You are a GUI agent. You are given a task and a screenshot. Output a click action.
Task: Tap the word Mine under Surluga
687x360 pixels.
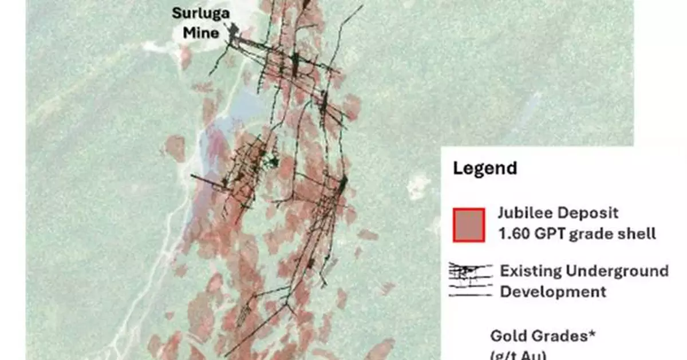tap(200, 33)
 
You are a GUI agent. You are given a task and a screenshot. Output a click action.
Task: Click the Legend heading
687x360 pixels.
tap(485, 168)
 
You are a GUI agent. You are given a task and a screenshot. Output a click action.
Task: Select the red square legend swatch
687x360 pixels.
tap(469, 225)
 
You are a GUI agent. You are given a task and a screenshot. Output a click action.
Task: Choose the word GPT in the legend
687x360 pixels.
tap(553, 234)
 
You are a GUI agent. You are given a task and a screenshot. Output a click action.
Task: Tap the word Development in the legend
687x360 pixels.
tap(553, 291)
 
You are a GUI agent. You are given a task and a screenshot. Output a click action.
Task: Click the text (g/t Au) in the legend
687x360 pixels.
tap(518, 355)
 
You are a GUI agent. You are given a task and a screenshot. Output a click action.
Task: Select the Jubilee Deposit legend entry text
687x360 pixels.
tap(576, 223)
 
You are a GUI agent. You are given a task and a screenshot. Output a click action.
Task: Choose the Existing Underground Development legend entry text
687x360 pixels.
tap(584, 281)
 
